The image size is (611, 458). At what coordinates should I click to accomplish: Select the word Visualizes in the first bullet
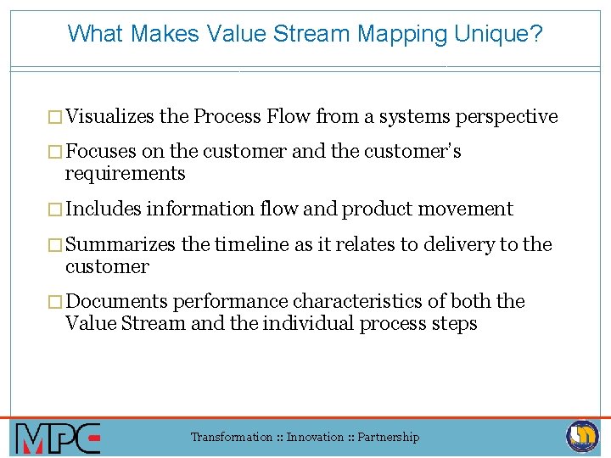pos(110,116)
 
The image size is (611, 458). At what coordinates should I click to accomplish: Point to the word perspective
pos(507,116)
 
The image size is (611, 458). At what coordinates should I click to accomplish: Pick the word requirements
pos(125,174)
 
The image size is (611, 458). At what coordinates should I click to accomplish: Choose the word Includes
pos(103,209)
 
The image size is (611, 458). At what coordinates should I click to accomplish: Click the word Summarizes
pos(120,245)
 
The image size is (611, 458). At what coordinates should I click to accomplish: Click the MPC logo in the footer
pos(58,438)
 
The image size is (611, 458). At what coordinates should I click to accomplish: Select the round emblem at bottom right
pos(582,436)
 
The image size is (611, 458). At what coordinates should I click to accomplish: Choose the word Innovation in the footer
pos(315,438)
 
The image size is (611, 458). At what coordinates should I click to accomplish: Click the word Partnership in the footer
pos(389,438)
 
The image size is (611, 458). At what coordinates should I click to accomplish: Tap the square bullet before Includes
pos(57,209)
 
